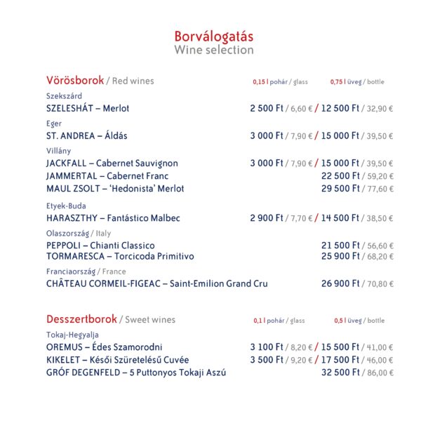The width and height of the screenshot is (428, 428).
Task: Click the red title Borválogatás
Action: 214,36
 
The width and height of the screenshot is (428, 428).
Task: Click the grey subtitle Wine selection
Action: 214,51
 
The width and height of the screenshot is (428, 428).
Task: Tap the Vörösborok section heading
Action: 75,80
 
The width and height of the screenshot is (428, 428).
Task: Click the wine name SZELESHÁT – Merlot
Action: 88,109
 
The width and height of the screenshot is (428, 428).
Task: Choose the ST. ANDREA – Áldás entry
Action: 87,136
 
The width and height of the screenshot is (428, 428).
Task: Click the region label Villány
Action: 59,151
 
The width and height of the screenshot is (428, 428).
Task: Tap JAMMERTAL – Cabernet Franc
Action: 107,176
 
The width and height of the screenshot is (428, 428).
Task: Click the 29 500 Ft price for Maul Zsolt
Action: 340,189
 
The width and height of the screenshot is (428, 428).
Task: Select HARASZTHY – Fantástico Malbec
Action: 113,218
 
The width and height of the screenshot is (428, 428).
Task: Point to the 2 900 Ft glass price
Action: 267,218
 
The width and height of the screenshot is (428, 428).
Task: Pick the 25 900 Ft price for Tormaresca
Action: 340,257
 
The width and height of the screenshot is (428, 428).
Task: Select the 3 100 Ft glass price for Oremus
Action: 267,347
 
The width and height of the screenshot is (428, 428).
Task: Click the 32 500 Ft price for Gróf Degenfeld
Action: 340,373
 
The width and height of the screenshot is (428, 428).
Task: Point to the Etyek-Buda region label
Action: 66,206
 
